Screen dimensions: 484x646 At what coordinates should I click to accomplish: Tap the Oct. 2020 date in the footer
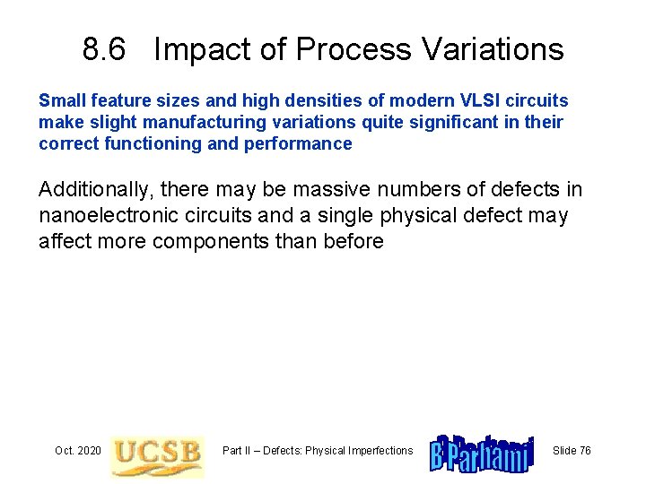point(78,451)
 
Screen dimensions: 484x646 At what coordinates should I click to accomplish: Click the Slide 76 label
point(572,451)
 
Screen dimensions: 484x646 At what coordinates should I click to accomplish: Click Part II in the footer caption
point(240,451)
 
